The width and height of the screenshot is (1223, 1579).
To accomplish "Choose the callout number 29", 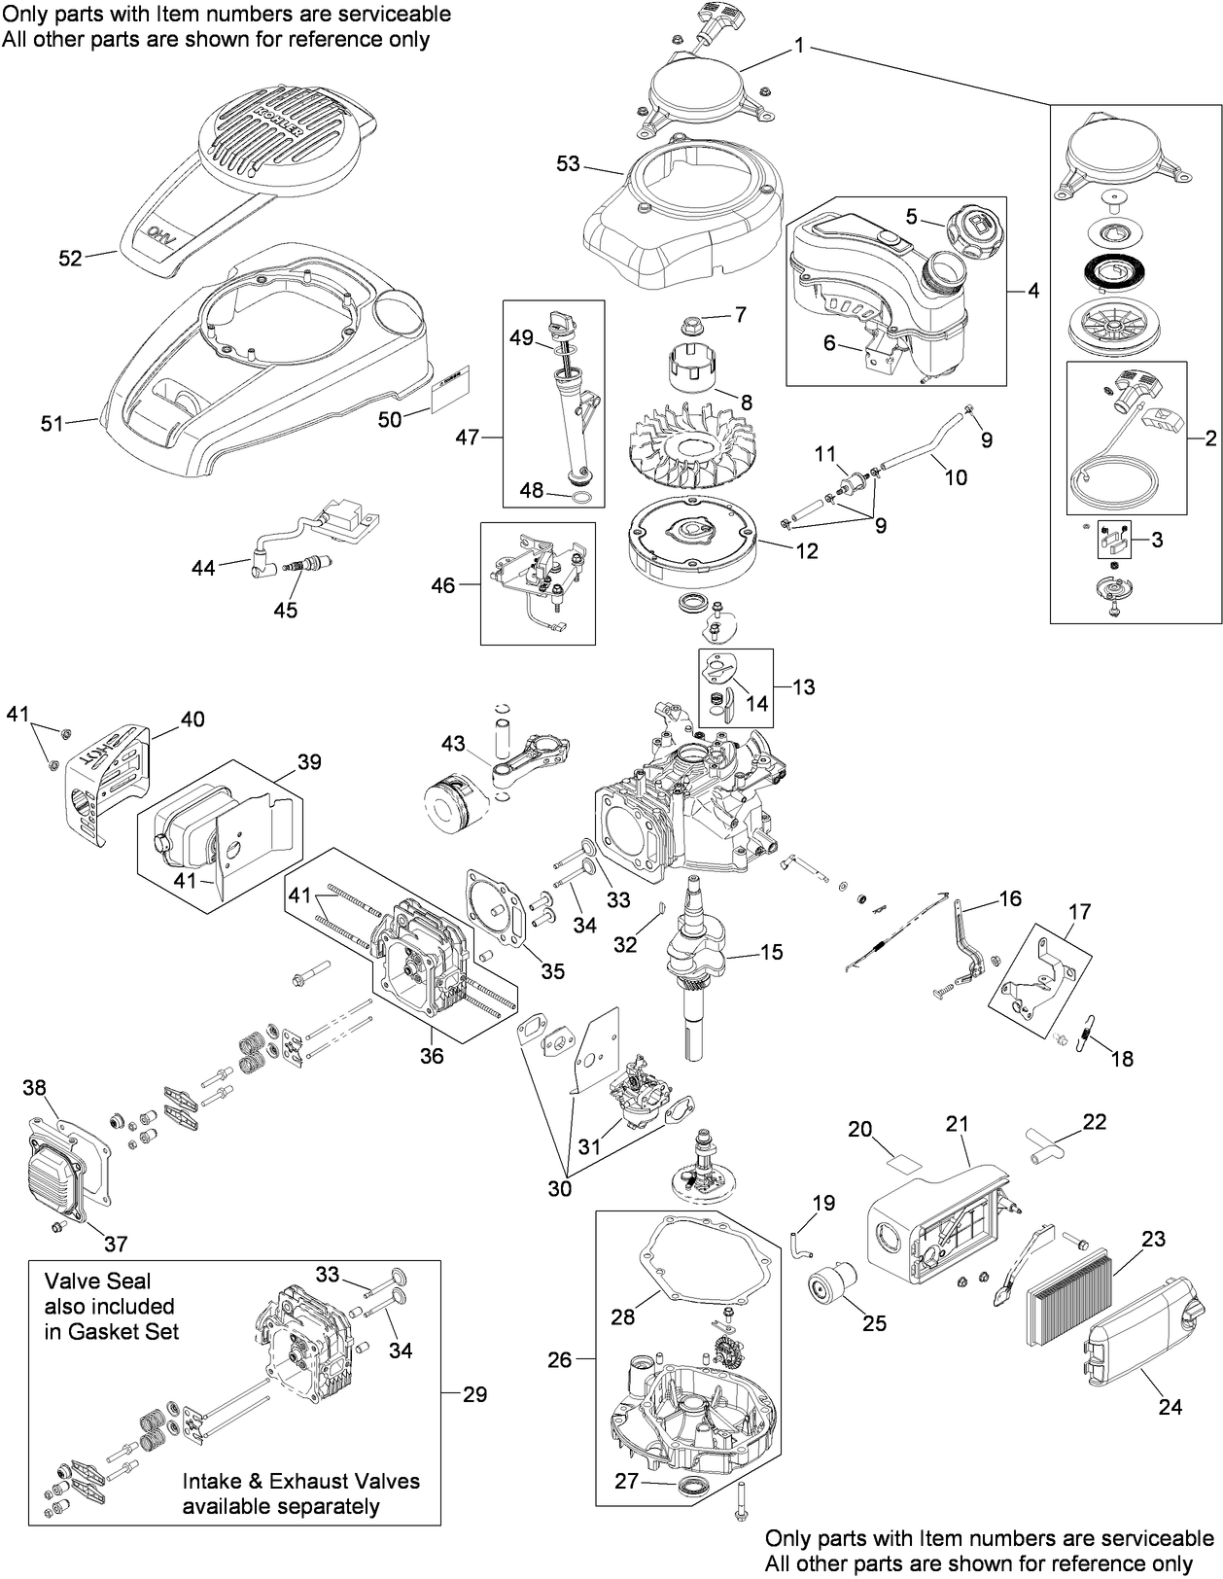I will click(x=474, y=1394).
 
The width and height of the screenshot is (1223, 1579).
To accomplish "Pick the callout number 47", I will click(x=469, y=438).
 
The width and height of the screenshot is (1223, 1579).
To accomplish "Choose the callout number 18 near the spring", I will click(x=1122, y=1059).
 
